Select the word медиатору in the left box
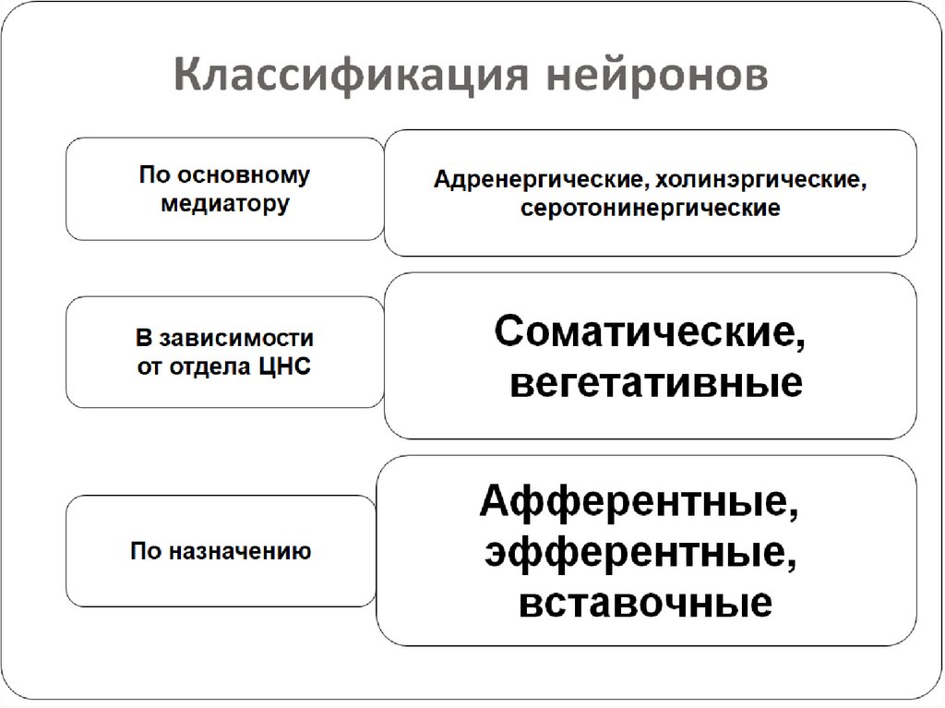[224, 203]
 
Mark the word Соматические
[642, 331]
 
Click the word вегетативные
[655, 382]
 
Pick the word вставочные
[645, 602]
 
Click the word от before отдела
[150, 366]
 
